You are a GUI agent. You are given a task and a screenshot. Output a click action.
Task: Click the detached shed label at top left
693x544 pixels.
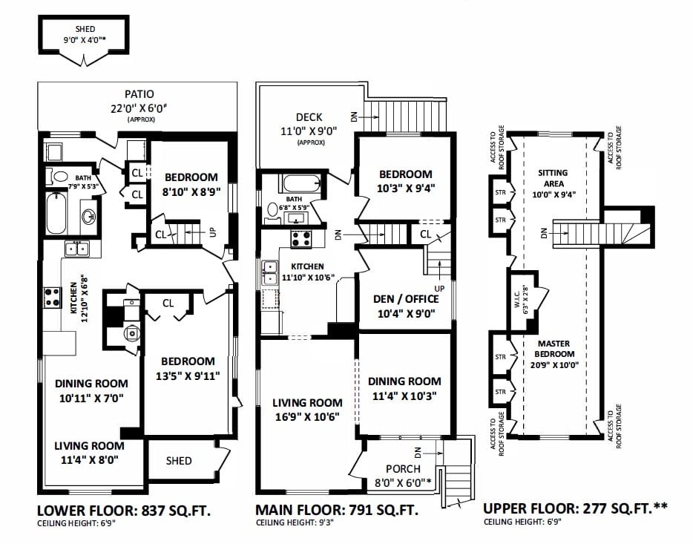(85, 34)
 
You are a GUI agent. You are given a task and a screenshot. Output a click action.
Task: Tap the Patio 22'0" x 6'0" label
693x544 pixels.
(139, 105)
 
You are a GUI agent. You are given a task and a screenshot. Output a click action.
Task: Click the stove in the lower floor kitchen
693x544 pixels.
(52, 297)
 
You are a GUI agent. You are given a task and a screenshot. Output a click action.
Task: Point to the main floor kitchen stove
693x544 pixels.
(301, 239)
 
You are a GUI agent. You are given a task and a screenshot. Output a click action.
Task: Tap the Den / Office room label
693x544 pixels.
(406, 307)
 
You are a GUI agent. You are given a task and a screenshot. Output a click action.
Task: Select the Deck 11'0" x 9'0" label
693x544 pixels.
(309, 128)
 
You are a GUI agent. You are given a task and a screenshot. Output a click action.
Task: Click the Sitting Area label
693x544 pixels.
(554, 183)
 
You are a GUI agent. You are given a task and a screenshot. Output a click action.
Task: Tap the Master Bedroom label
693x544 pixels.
(554, 354)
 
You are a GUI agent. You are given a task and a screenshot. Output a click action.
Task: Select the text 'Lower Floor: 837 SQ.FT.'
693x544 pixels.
(124, 511)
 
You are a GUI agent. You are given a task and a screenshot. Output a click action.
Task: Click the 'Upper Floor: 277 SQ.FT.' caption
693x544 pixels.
(575, 508)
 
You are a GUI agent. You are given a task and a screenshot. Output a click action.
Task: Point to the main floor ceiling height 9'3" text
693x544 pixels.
(295, 522)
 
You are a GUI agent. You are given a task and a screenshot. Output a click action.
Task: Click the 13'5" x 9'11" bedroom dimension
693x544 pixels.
(188, 376)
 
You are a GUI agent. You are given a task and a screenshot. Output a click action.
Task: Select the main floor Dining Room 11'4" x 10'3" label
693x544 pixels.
(404, 388)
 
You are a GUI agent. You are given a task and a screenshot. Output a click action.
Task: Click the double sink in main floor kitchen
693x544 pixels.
(270, 272)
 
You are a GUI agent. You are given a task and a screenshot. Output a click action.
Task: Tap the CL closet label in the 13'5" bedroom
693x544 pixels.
(168, 303)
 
